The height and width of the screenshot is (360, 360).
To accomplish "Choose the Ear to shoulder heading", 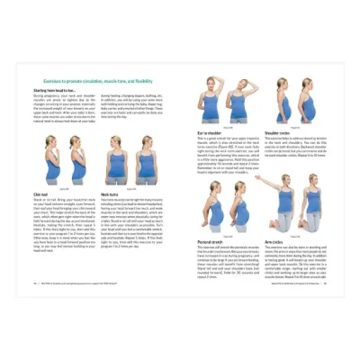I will click(x=209, y=132).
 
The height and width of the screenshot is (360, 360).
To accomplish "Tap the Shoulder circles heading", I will click(x=279, y=132).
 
